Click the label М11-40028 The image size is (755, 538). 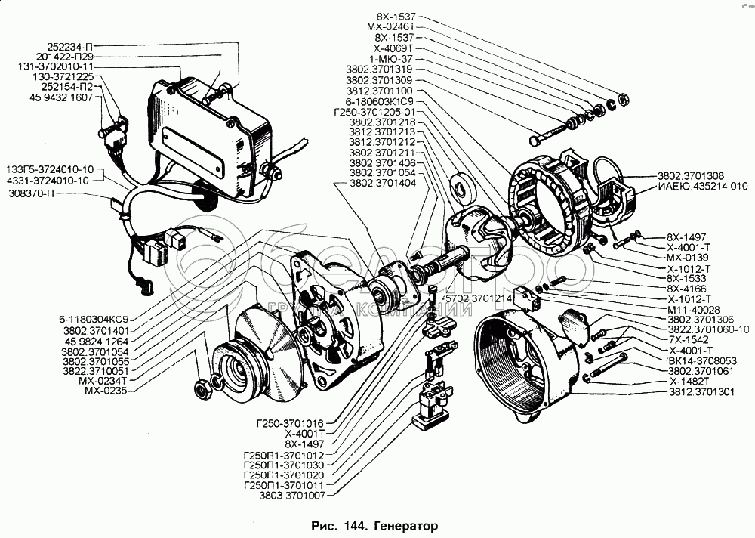coord(693,309)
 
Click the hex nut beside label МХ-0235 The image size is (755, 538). coord(202,391)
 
